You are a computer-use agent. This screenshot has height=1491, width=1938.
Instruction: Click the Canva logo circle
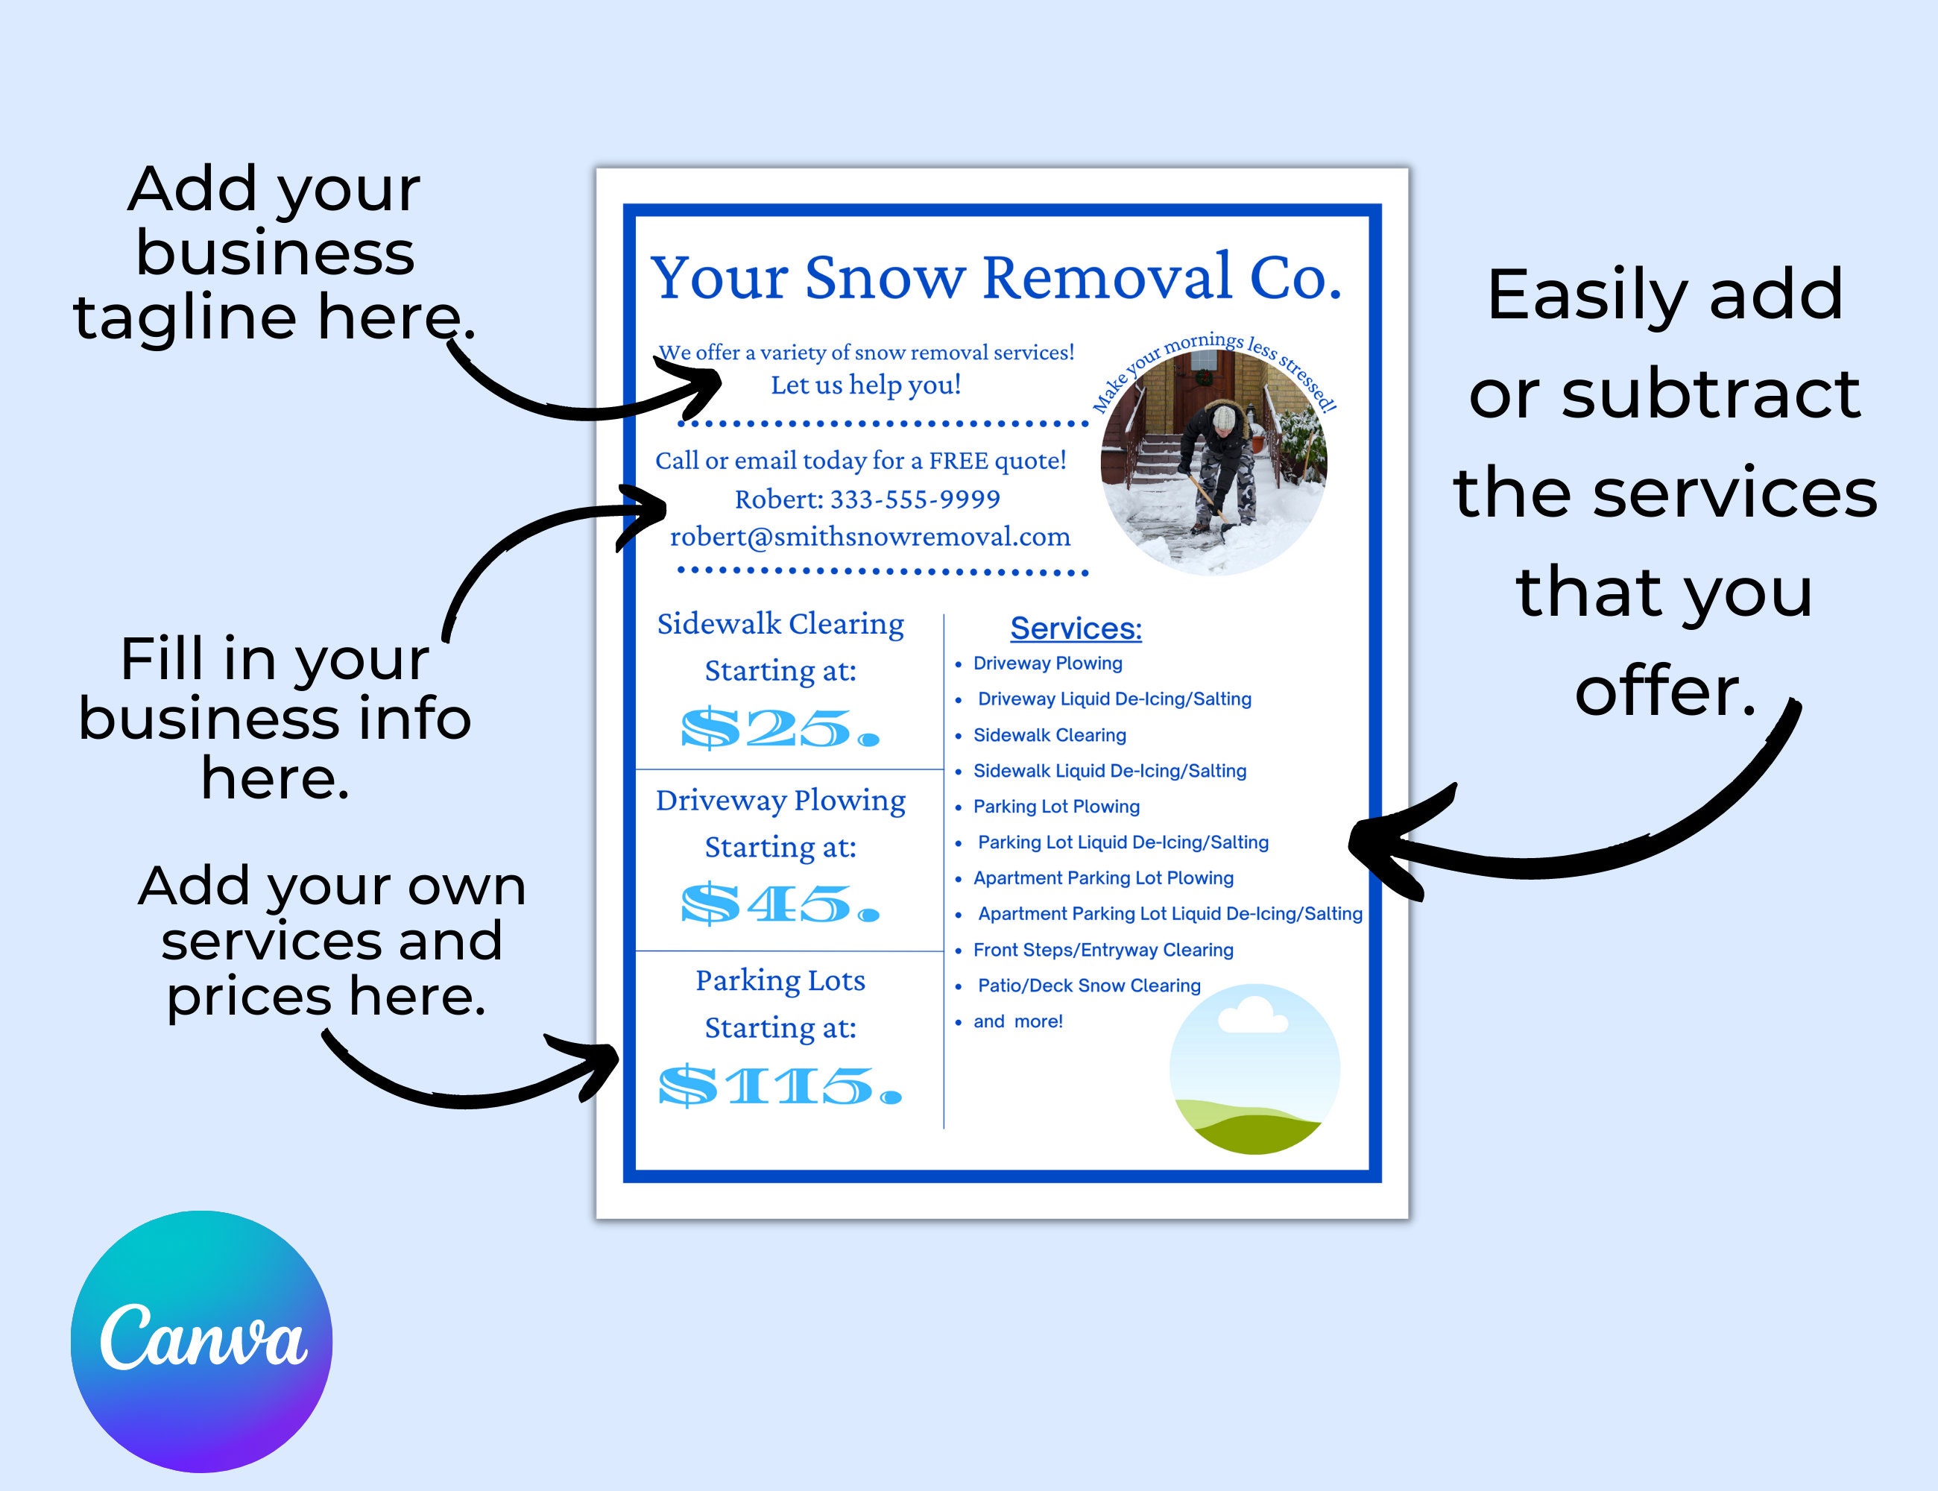pos(201,1341)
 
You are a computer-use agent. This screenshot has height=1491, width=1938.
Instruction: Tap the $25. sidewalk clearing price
pos(780,728)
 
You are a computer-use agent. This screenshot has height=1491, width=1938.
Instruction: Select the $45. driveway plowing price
pos(780,904)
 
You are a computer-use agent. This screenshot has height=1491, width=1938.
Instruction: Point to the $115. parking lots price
pos(780,1085)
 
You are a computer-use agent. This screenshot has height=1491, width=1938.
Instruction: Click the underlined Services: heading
pos(1076,628)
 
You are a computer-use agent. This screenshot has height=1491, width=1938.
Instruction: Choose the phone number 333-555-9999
pos(915,499)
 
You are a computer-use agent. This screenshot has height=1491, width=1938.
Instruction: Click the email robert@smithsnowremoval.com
pos(870,537)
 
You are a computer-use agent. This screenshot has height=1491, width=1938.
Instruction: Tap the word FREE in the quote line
pos(956,461)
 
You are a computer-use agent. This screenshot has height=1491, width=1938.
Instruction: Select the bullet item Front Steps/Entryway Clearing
pos(1103,950)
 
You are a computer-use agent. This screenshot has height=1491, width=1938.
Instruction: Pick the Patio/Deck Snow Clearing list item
pos(1089,985)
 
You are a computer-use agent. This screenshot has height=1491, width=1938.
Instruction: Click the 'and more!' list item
pos(1017,1021)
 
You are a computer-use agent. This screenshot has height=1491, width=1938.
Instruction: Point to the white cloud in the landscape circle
pos(1252,1016)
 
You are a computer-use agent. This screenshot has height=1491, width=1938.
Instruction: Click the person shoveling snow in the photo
pos(1220,461)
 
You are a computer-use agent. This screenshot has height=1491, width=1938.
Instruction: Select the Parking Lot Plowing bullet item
pos(1056,807)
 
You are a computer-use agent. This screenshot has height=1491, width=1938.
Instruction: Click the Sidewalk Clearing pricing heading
pos(780,624)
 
